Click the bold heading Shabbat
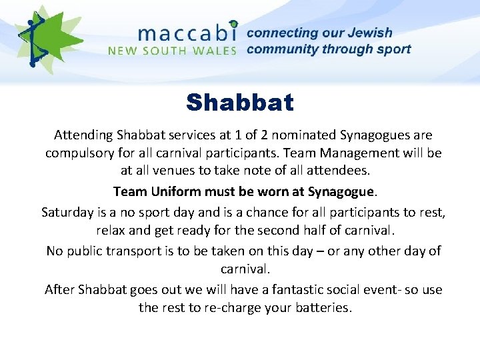pos(240,103)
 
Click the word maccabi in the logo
pos(187,32)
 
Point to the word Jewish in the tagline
pos(369,33)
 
